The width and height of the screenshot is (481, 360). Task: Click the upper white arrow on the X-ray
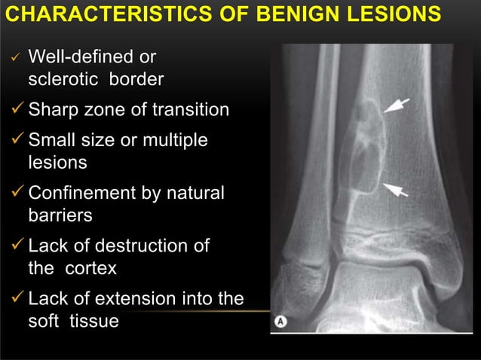[x=397, y=105]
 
